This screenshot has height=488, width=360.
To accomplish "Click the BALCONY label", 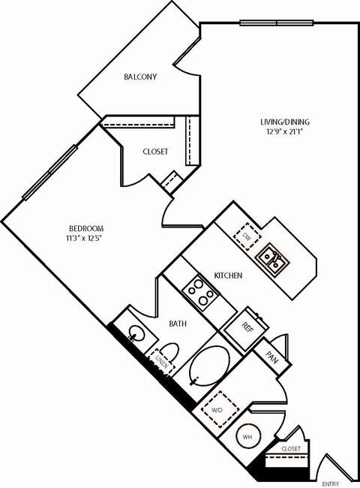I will point(140,77).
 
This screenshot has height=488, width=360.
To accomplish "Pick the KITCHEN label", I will point(228,276).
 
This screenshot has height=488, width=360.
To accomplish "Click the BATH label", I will point(178,324).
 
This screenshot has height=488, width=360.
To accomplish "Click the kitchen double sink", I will point(271,260).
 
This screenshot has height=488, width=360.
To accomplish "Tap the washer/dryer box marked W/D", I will point(217,410).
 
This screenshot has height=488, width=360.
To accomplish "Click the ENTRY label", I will point(331,483).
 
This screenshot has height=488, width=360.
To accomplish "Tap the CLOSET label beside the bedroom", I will point(155,152).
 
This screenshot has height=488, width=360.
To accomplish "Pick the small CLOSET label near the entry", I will point(291,449).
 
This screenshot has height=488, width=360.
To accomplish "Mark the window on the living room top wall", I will point(276,23).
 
